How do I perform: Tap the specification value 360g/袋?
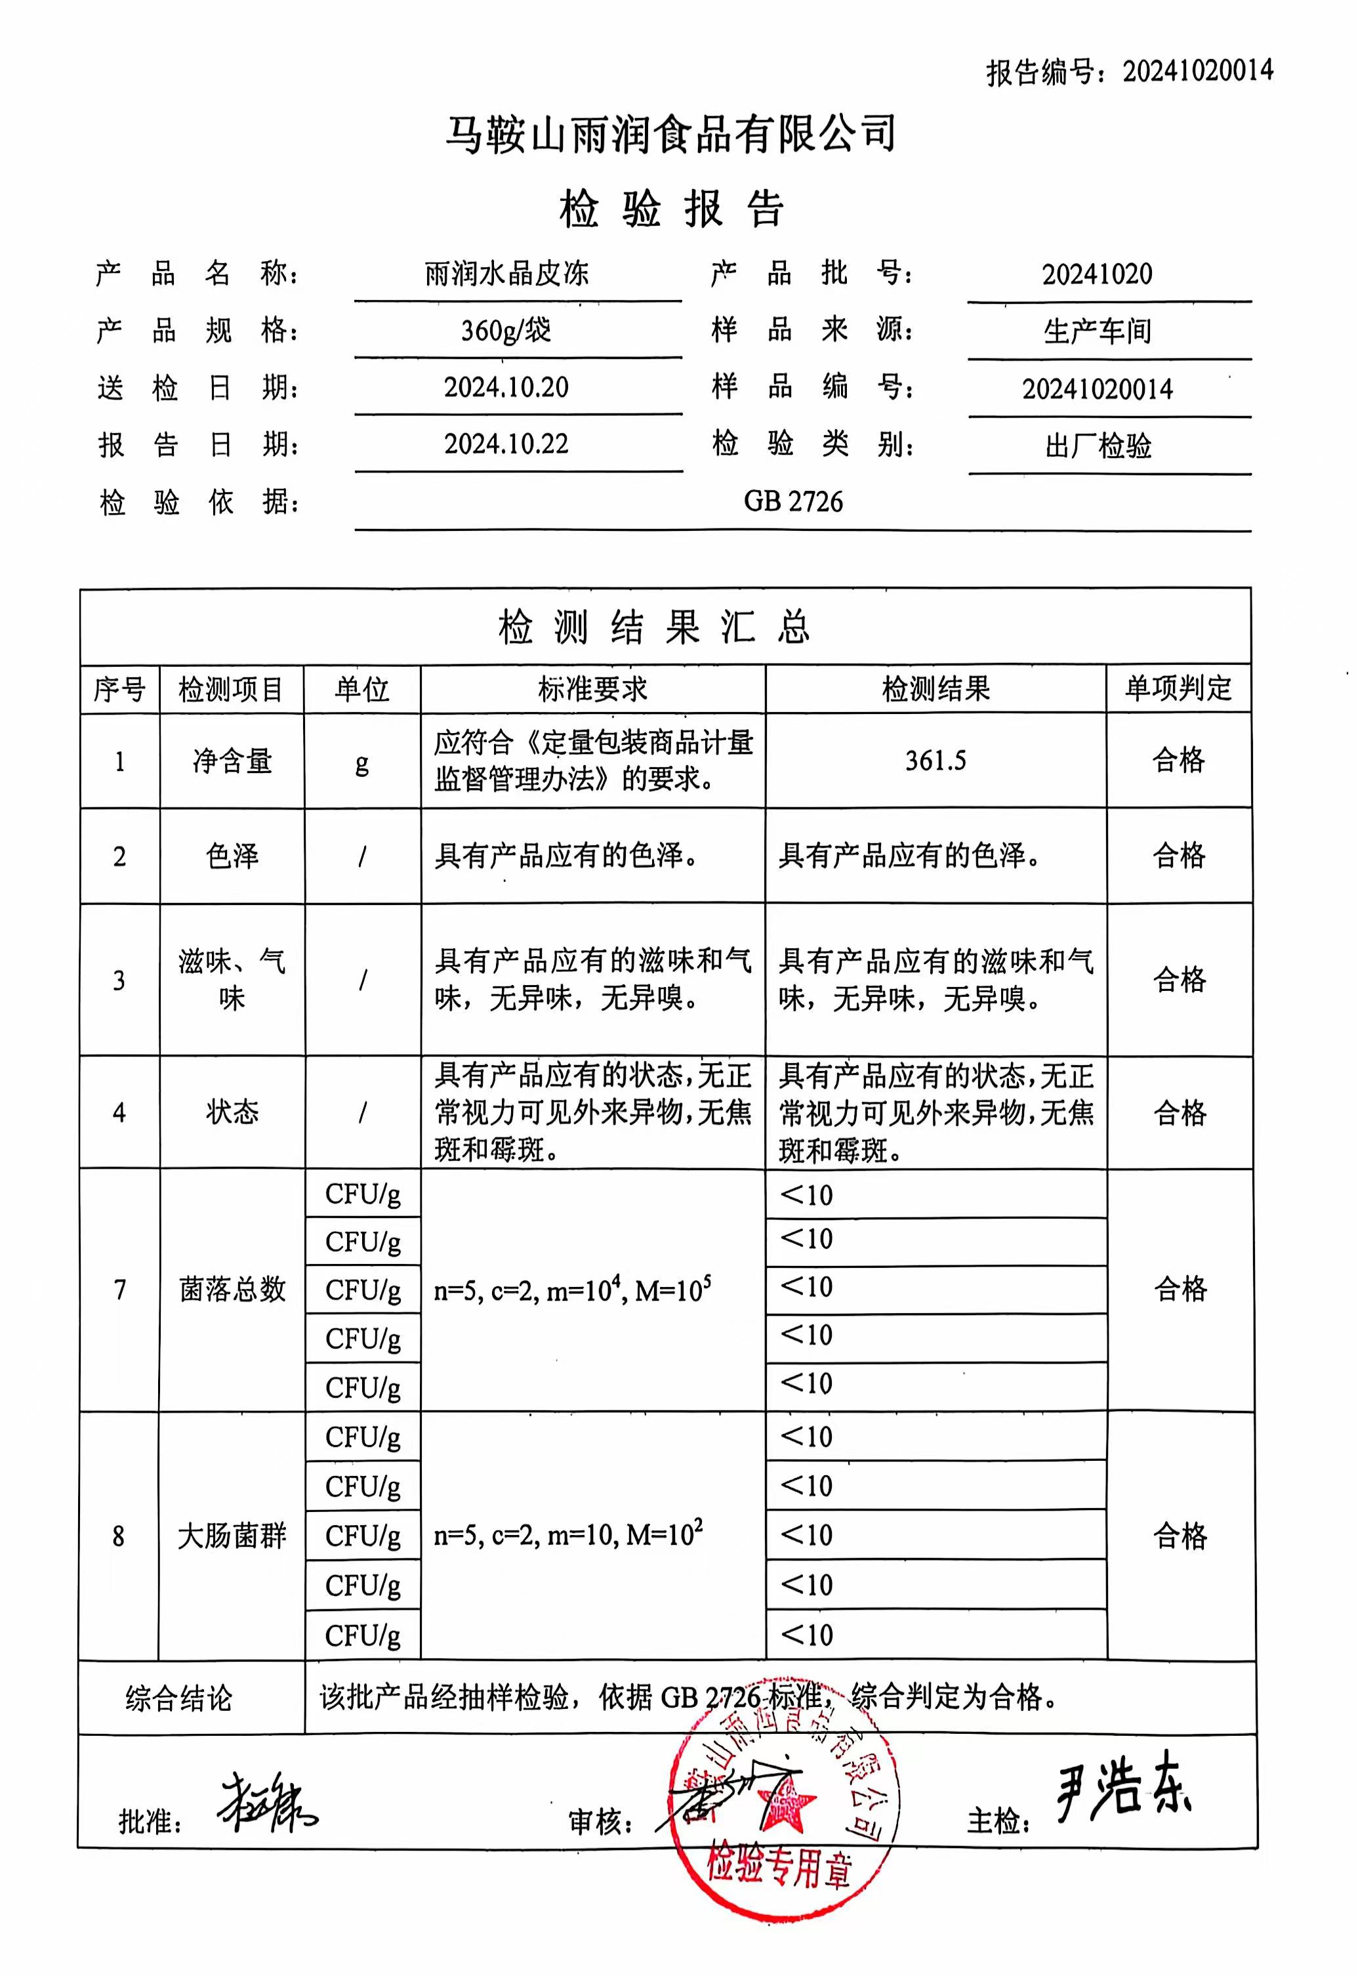point(506,330)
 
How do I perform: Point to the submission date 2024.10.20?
point(506,388)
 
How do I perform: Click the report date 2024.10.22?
point(506,444)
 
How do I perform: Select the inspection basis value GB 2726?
point(793,501)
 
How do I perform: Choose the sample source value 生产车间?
point(1098,331)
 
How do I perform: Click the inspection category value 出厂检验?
point(1098,446)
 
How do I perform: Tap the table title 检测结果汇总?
point(655,627)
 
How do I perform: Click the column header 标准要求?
point(592,688)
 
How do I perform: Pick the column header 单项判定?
point(1178,688)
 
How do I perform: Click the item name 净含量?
point(232,761)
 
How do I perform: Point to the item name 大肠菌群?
point(232,1536)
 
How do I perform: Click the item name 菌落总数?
point(232,1290)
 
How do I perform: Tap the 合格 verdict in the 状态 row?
point(1179,1112)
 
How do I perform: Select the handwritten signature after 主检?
point(1122,1788)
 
